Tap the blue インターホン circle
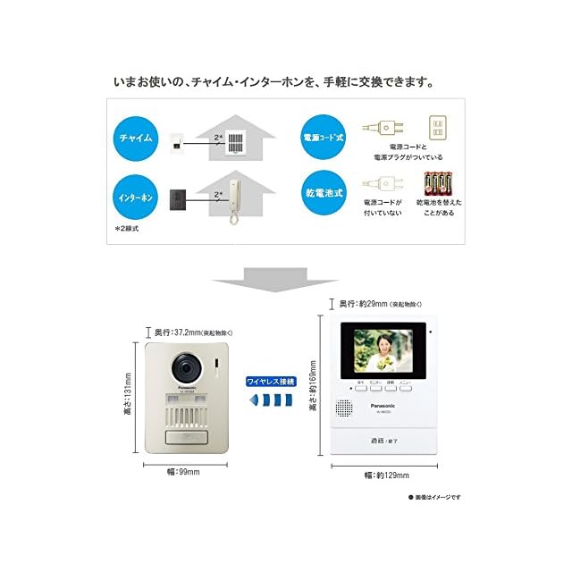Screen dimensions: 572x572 point(133,195)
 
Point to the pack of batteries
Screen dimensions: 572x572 point(438,184)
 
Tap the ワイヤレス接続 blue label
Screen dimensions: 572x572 point(270,382)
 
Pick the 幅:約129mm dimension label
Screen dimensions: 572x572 point(385,475)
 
